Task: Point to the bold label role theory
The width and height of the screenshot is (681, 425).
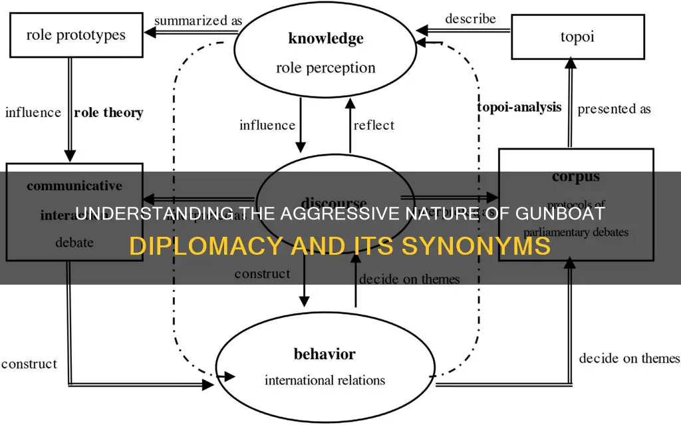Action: (x=108, y=112)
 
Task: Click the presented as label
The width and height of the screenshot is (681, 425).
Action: (x=614, y=108)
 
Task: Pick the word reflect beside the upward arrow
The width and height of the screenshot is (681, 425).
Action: (x=374, y=125)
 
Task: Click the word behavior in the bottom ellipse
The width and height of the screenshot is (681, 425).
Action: (x=325, y=353)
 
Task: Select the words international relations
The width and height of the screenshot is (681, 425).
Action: (x=325, y=380)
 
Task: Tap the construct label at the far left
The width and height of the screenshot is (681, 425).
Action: (x=29, y=364)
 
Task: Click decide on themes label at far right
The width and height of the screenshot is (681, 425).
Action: (x=629, y=358)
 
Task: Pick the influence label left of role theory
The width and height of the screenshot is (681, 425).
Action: (x=34, y=112)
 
